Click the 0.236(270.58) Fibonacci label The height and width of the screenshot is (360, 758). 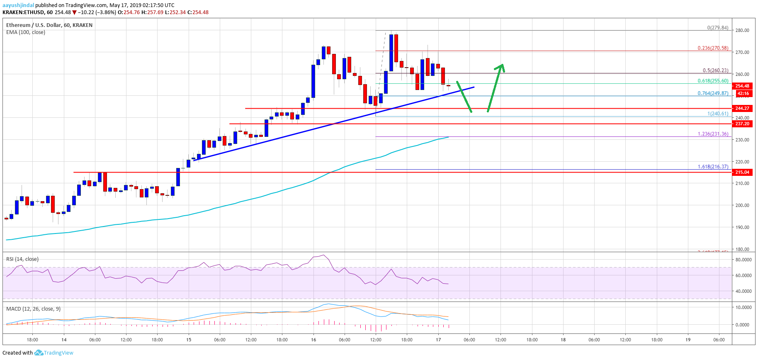[712, 48]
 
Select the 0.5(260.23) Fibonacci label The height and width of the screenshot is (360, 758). [715, 71]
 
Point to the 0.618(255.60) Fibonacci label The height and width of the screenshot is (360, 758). [712, 81]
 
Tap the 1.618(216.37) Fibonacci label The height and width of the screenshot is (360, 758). [712, 167]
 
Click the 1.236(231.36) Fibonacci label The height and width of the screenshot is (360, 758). [712, 134]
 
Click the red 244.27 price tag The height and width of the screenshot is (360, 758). [742, 108]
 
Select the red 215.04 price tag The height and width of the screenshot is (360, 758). [742, 172]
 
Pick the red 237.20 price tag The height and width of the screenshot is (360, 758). [742, 124]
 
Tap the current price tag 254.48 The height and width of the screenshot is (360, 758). [742, 86]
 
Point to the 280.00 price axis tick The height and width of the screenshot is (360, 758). [742, 30]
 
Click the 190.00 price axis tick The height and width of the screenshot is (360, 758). [742, 227]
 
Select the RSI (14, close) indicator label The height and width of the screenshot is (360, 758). [22, 259]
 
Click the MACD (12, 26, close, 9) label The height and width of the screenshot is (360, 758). [33, 309]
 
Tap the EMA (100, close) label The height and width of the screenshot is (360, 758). [26, 32]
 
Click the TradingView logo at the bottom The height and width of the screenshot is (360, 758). [54, 353]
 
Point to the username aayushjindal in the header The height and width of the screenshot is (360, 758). [18, 5]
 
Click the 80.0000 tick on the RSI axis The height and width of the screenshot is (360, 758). [743, 260]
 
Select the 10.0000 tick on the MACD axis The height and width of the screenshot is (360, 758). [743, 307]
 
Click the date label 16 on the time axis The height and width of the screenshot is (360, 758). [313, 340]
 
